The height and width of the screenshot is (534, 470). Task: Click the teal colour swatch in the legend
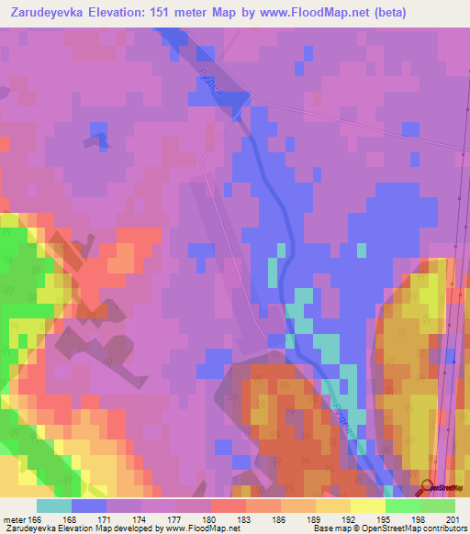[54, 506]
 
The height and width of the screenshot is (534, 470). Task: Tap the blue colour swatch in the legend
[89, 506]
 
